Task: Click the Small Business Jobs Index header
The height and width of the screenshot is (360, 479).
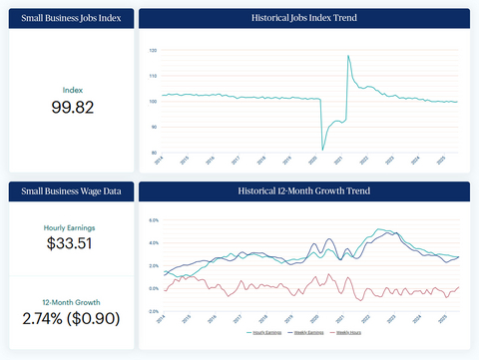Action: tap(71, 19)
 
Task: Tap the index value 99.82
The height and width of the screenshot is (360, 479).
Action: tap(71, 107)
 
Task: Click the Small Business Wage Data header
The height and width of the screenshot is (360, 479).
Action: tap(71, 190)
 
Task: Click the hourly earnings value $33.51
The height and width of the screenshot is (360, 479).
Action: tap(71, 243)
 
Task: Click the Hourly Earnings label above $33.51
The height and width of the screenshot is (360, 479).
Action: tap(71, 226)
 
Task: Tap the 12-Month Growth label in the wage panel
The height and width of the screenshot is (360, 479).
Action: tap(71, 301)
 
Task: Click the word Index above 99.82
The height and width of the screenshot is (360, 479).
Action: tap(71, 89)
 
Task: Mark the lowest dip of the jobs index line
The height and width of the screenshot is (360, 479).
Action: tap(322, 149)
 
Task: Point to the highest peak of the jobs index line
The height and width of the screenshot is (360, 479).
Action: tap(348, 56)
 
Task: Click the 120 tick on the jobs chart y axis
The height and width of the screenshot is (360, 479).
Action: tap(153, 50)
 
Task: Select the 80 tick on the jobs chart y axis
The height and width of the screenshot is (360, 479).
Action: tap(153, 152)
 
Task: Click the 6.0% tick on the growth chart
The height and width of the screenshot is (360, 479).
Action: tap(154, 220)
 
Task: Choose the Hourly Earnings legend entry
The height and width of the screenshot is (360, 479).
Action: tap(264, 332)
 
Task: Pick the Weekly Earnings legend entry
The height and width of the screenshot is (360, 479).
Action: tap(308, 332)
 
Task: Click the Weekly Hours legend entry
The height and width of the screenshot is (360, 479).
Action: tap(348, 332)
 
